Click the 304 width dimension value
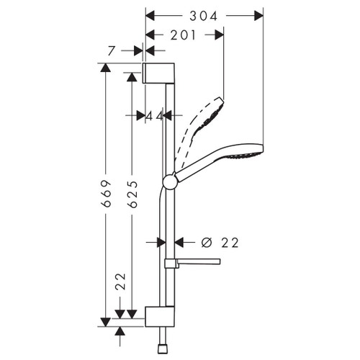click(x=204, y=14)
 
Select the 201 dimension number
click(x=185, y=35)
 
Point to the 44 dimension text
click(x=154, y=115)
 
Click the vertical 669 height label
click(x=106, y=193)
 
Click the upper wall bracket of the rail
click(x=158, y=73)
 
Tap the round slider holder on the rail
click(x=169, y=182)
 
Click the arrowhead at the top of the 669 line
click(x=106, y=68)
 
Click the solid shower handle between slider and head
click(x=202, y=168)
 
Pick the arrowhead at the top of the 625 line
click(x=130, y=76)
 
